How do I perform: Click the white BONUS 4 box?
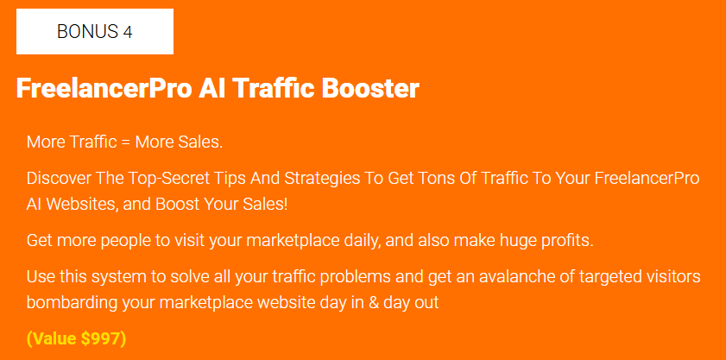click(95, 31)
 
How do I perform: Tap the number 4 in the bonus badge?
click(128, 32)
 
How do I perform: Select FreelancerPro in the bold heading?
click(104, 89)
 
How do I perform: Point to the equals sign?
click(125, 142)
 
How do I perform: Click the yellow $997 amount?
click(100, 339)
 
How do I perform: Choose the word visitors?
click(673, 276)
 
